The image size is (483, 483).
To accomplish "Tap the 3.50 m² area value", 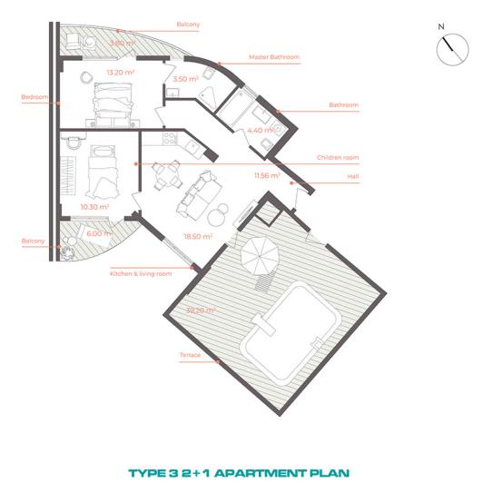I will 186,80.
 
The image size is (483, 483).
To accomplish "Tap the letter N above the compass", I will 441,28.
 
